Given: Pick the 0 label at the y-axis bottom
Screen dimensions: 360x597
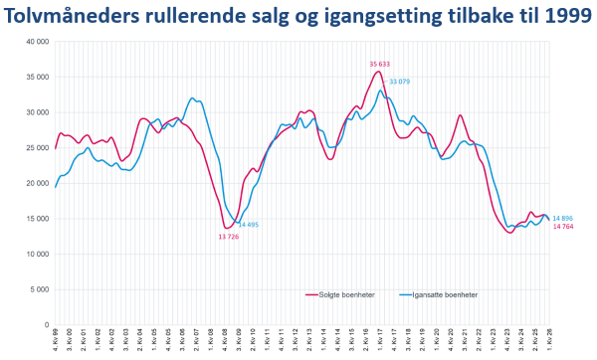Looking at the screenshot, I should tap(45, 324).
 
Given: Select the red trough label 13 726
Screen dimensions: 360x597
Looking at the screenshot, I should tap(231, 237).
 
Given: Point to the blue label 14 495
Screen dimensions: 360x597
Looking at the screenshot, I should tap(249, 224).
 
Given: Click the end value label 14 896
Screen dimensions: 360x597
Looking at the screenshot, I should tap(562, 218).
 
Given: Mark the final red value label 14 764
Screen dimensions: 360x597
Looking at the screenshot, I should tap(562, 227).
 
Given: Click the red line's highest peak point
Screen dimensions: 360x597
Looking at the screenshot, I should tap(378, 71).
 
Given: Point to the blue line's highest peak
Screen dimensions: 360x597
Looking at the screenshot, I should tap(380, 90).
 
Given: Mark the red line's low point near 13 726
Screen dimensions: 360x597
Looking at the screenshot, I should tap(228, 228).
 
